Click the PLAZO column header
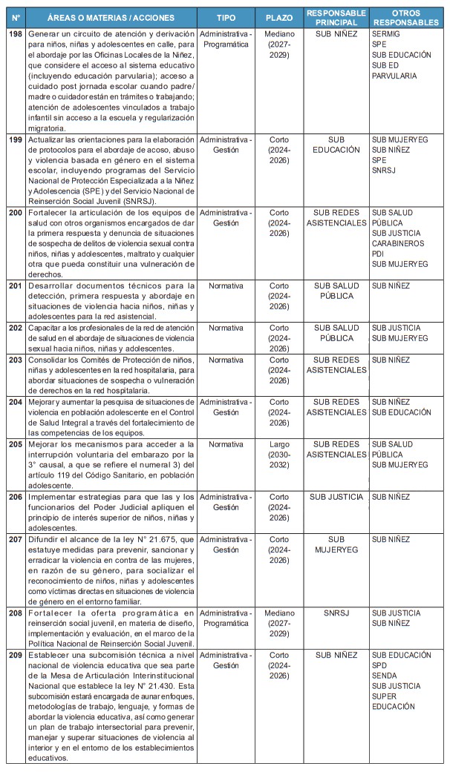tap(279, 17)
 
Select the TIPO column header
tap(226, 17)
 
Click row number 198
tap(15, 35)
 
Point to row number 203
tap(15, 360)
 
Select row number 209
tap(15, 655)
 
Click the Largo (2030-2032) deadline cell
tap(279, 455)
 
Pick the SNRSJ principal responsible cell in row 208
tap(336, 613)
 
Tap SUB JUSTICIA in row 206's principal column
tap(336, 497)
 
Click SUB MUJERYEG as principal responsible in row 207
tap(336, 544)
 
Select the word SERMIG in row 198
tap(385, 35)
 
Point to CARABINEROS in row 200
tap(397, 243)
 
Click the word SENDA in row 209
tap(385, 676)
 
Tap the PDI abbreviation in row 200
tap(379, 254)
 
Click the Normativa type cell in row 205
tap(226, 444)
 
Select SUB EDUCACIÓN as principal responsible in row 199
tap(336, 144)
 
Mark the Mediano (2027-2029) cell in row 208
tap(279, 624)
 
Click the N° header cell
tap(15, 17)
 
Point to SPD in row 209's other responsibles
tap(380, 665)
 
